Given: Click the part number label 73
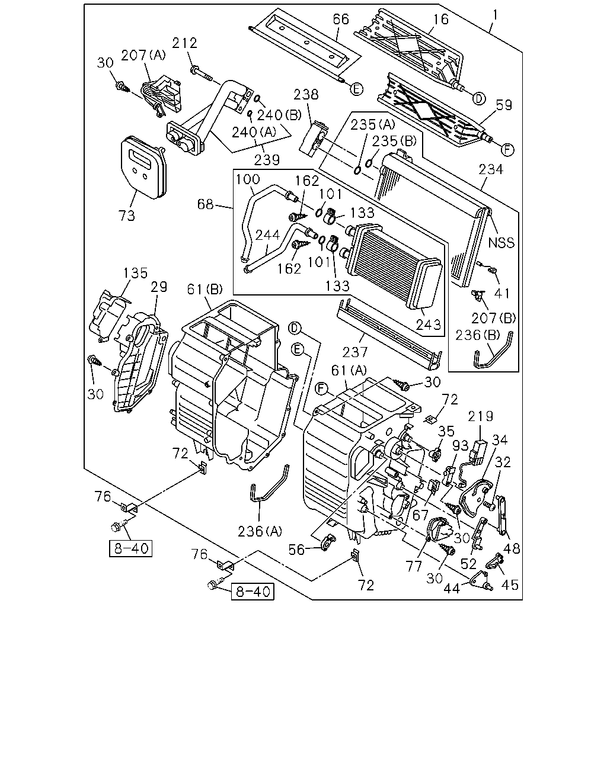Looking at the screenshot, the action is point(127,215).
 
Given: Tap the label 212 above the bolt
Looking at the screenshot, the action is point(184,43).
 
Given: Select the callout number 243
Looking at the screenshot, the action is point(429,325).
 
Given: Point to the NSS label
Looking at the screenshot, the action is point(501,243).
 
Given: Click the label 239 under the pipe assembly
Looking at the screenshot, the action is point(267,160).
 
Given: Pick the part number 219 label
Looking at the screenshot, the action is point(480,416).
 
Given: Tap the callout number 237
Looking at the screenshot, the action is point(355,352).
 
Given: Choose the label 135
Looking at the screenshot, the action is point(135,273).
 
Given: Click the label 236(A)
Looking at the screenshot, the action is point(260,532).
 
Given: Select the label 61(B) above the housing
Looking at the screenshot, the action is point(205,290).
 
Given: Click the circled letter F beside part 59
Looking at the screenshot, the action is point(507,150).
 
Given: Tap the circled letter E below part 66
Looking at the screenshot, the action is point(357,89).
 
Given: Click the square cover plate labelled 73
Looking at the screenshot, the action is point(143,168).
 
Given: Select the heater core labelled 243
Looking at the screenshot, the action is point(395,264).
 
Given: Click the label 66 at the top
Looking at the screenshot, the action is point(341,20).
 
